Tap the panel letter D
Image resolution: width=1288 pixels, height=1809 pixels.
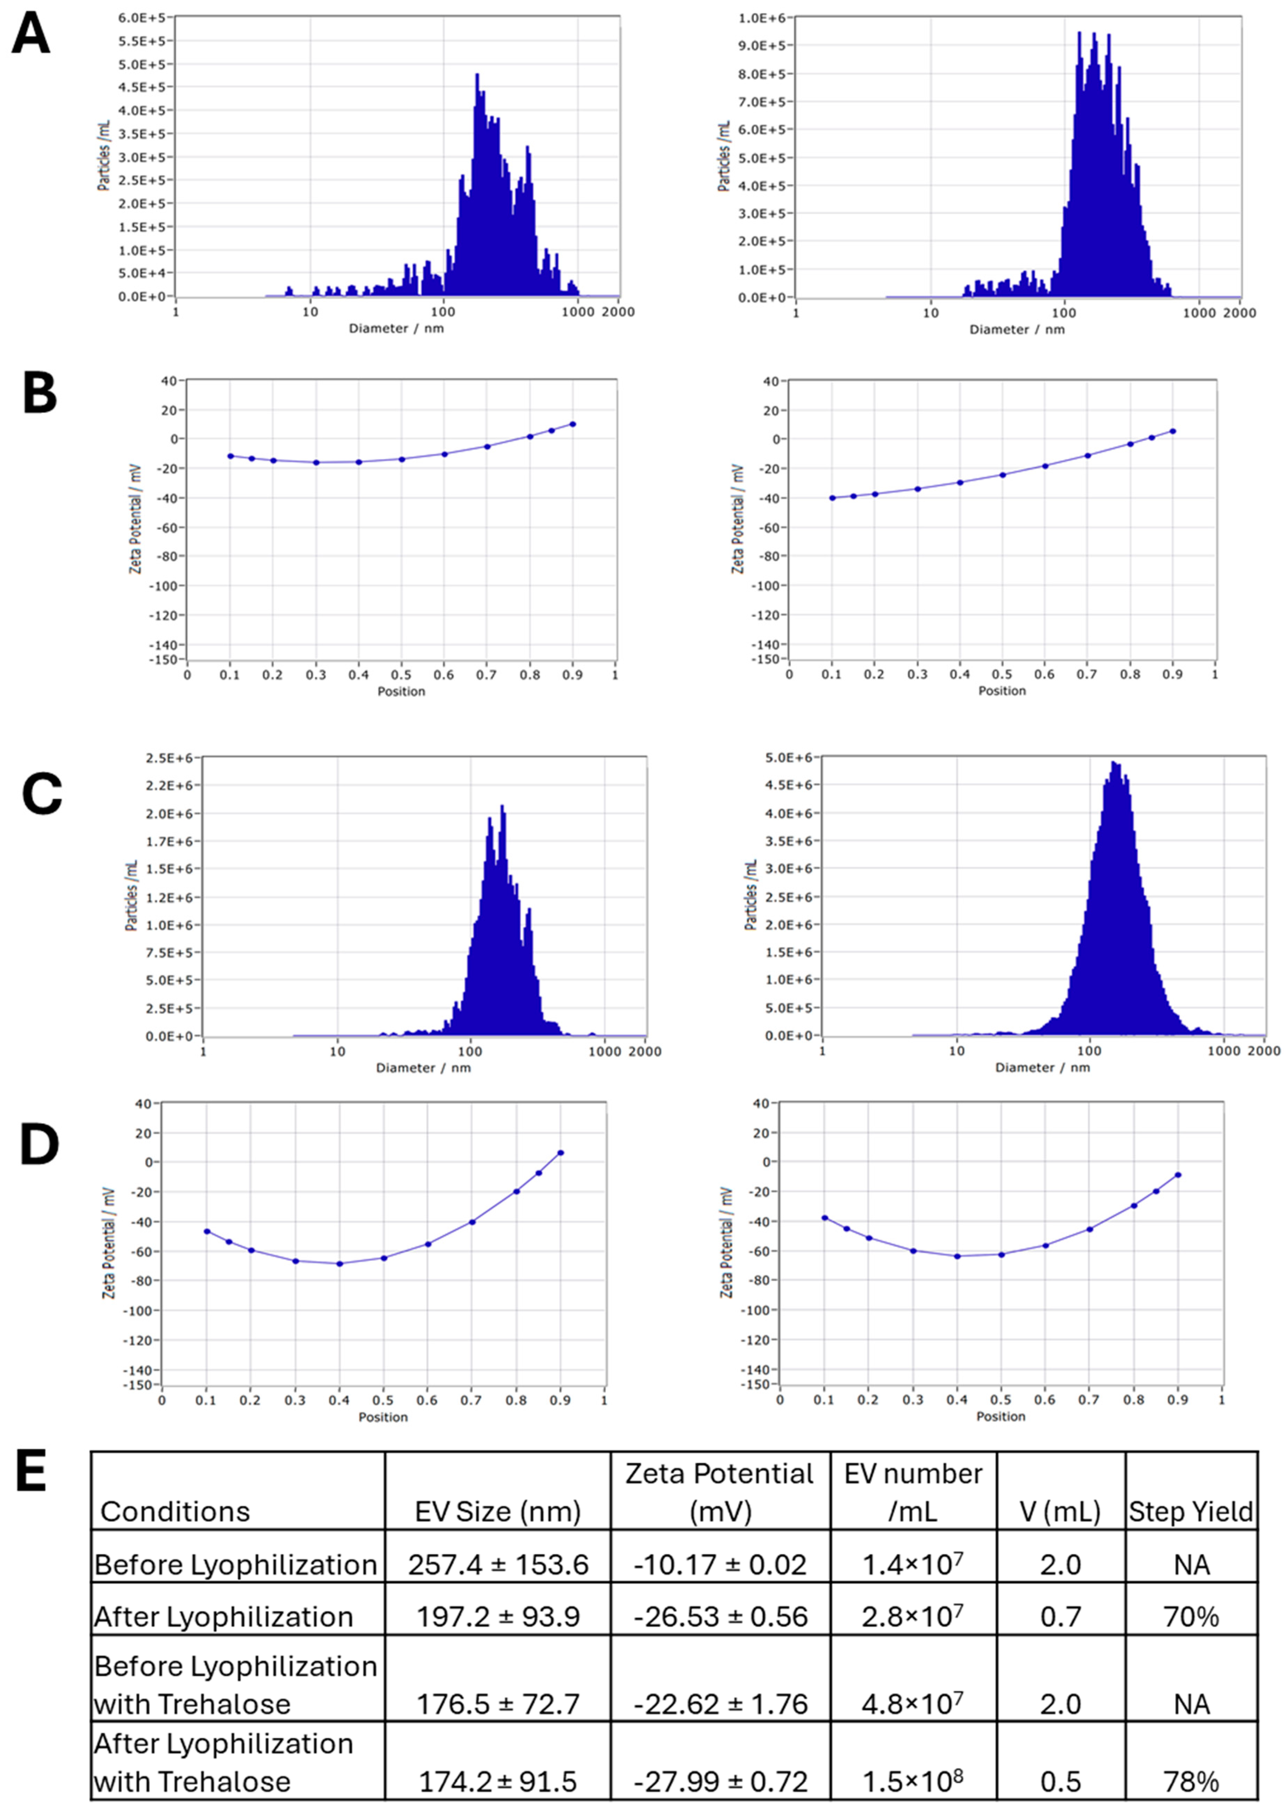pos(40,1146)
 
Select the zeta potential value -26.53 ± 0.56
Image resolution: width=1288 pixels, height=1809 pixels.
pos(720,1617)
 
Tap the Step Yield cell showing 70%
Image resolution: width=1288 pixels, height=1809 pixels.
pos(1191,1617)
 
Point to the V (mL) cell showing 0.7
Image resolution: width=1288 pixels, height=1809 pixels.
pos(1060,1617)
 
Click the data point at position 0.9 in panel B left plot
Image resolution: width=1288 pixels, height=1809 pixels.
pos(572,424)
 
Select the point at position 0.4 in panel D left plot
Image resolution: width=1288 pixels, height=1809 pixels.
pos(339,1263)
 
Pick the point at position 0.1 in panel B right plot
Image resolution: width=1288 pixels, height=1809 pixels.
pos(832,498)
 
